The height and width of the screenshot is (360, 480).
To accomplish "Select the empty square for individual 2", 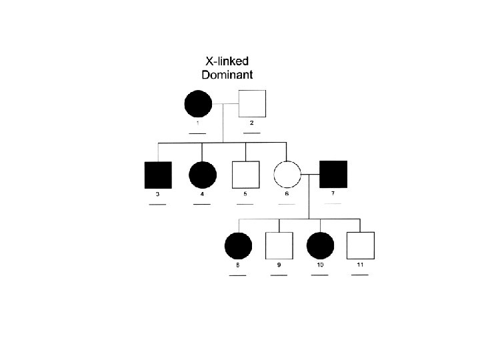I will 252,103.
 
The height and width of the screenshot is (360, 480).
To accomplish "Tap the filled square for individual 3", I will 158,175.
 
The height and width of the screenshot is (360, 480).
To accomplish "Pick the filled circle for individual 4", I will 202,175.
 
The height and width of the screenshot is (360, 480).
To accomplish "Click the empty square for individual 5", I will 245,175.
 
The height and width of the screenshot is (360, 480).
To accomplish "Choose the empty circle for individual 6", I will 287,175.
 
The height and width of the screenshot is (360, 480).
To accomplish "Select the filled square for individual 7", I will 333,175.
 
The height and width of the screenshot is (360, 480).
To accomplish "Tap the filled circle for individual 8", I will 238,245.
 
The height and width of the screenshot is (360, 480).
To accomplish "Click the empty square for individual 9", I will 279,245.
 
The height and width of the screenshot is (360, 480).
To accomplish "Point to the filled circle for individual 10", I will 320,245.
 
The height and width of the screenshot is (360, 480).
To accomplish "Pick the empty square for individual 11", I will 360,245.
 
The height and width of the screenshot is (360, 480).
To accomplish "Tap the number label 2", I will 251,123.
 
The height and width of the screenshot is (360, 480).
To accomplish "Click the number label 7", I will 333,193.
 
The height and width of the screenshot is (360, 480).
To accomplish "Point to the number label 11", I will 360,265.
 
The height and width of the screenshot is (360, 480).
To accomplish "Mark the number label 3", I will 157,194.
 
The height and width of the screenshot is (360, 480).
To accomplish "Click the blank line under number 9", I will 279,275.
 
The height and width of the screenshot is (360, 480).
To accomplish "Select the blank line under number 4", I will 202,204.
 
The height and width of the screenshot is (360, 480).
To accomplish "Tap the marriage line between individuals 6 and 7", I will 310,175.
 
